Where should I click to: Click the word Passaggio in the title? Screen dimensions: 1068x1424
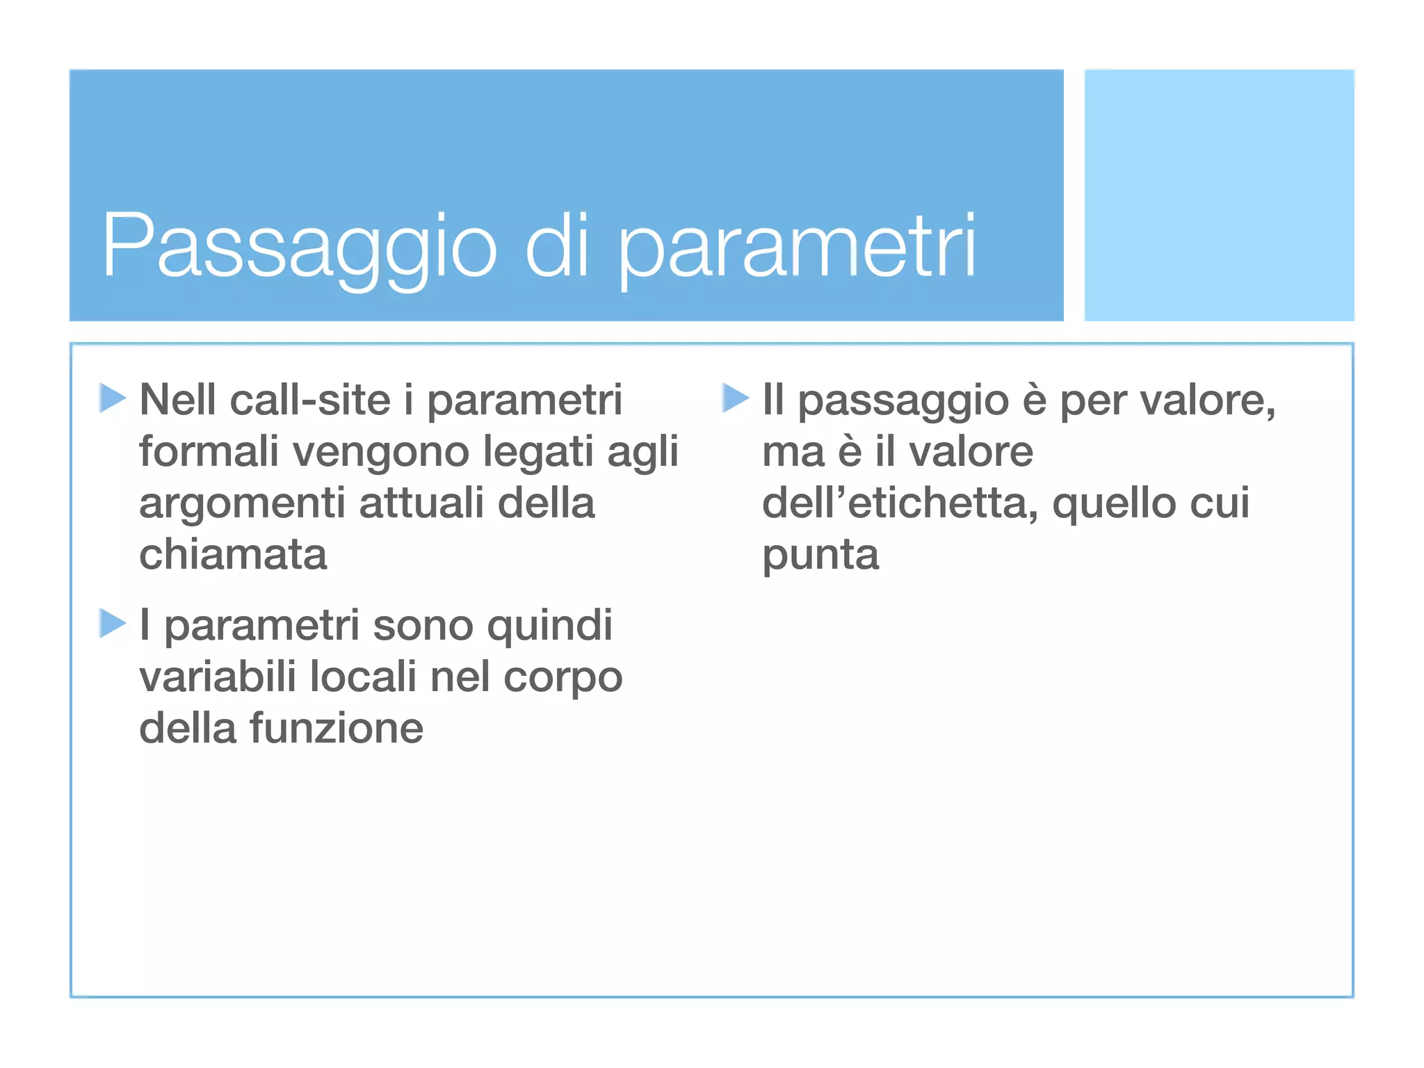pyautogui.click(x=300, y=247)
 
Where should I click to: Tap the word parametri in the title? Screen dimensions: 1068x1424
pyautogui.click(x=797, y=247)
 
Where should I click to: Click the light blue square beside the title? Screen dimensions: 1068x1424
pyautogui.click(x=1219, y=195)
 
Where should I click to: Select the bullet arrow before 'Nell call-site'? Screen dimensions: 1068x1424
pyautogui.click(x=112, y=398)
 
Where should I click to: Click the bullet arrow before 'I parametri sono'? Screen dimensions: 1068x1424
pyautogui.click(x=112, y=623)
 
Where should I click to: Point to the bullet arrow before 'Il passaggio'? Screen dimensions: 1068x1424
pyautogui.click(x=735, y=398)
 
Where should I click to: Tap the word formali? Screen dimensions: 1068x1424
pyautogui.click(x=209, y=451)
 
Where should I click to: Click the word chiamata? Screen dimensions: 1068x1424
pyautogui.click(x=233, y=554)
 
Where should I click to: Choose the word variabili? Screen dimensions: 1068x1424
pyautogui.click(x=218, y=676)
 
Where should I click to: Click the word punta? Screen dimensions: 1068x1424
pyautogui.click(x=820, y=556)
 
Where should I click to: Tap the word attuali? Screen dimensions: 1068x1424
pyautogui.click(x=421, y=503)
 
